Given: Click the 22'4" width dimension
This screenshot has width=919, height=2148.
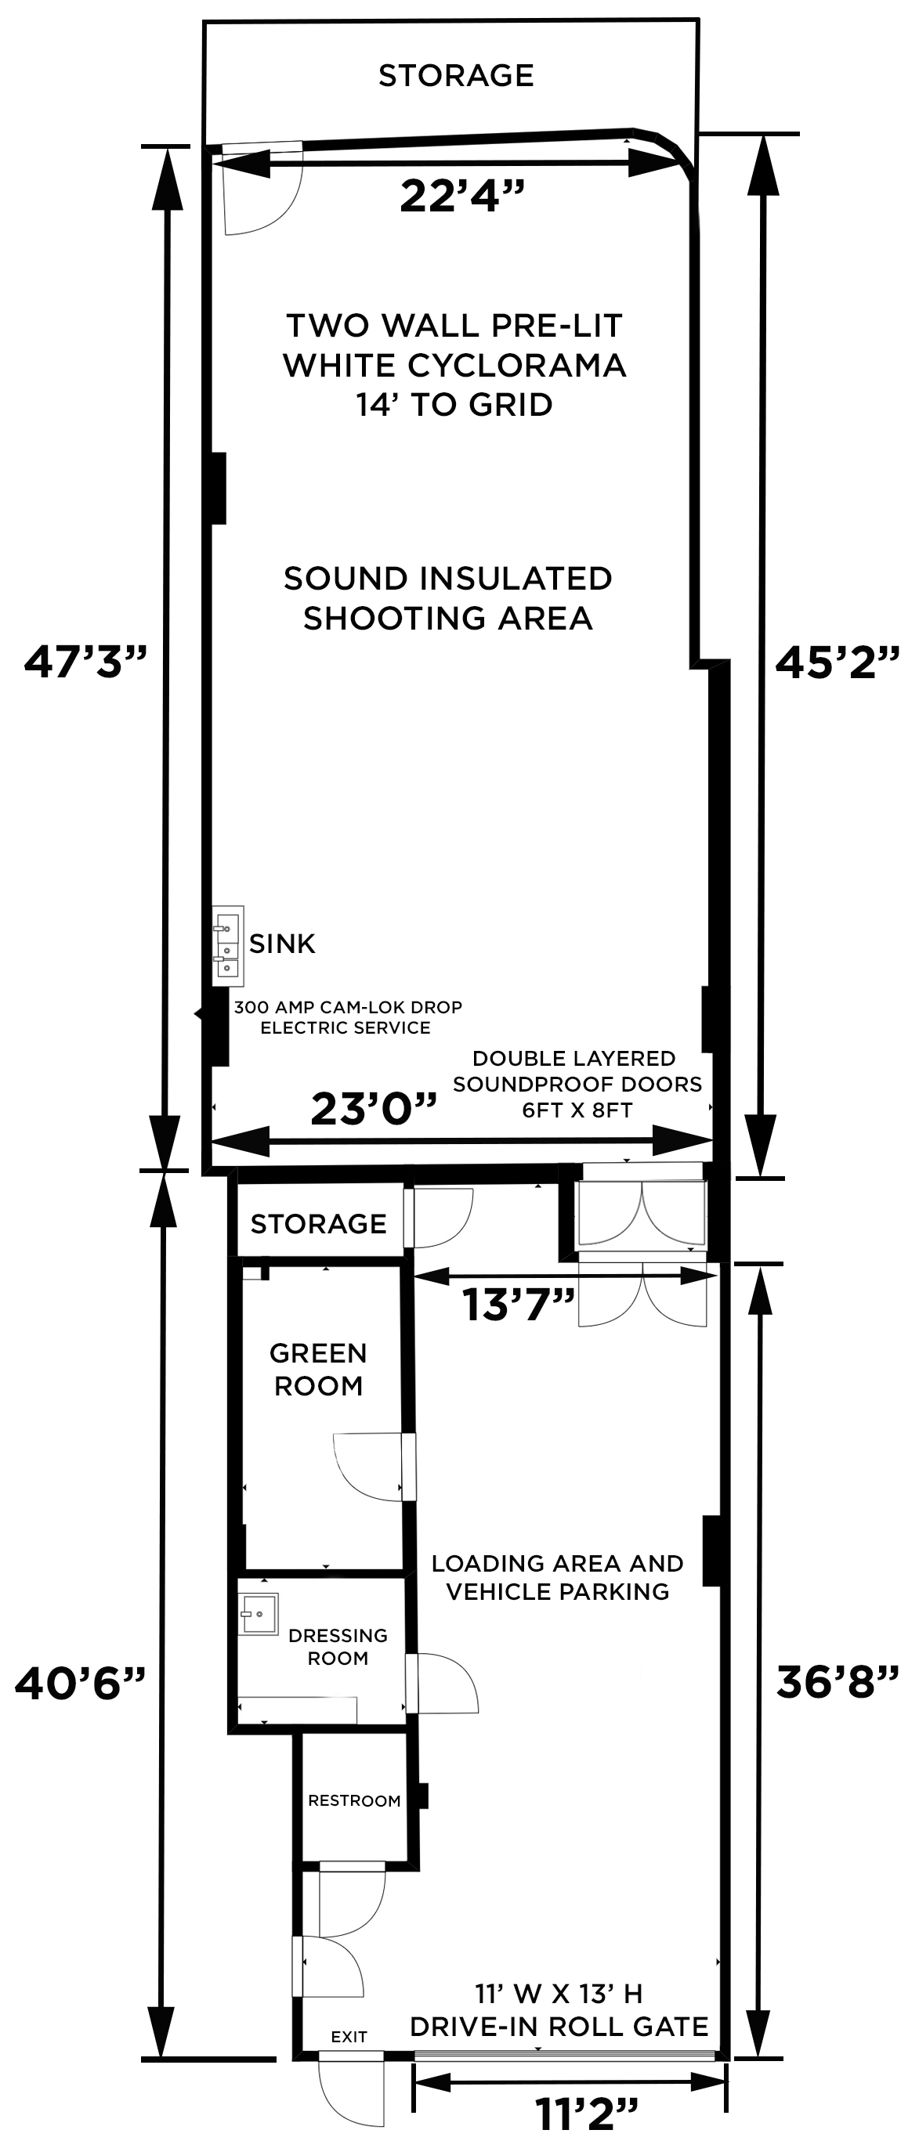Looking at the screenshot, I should (x=462, y=197).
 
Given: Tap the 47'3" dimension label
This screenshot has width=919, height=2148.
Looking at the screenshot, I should (x=85, y=663).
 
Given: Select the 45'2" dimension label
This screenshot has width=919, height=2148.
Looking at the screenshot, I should (x=838, y=663).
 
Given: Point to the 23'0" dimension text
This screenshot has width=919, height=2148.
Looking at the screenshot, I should (x=374, y=1109).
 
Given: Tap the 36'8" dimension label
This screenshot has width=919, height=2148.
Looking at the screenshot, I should (x=838, y=1682).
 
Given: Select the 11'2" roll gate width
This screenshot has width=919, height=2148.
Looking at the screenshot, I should (x=586, y=2114).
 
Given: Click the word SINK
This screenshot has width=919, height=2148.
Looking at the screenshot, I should (x=282, y=944).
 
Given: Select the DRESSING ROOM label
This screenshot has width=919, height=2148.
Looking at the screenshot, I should (x=338, y=1647).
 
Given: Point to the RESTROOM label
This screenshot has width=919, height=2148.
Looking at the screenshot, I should (x=353, y=1801).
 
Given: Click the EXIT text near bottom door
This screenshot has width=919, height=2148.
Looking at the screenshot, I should (x=349, y=2036).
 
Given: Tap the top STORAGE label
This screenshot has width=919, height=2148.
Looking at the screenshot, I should (x=455, y=76).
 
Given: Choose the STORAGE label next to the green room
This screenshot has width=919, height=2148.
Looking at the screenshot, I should (x=318, y=1223).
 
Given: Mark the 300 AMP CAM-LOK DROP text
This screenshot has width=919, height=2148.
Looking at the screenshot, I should (x=347, y=1007).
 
